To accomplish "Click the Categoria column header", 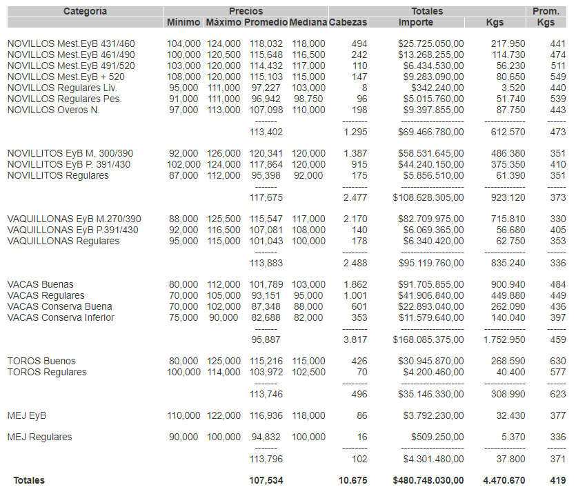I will [x=85, y=11].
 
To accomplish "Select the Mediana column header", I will [x=308, y=22].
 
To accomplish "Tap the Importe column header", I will [x=416, y=22].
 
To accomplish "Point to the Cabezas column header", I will [x=348, y=22].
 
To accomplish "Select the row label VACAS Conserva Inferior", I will [x=61, y=317].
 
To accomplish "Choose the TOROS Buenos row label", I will [x=41, y=361].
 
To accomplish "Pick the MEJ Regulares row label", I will [x=39, y=437].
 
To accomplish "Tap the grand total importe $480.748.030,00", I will [x=428, y=480].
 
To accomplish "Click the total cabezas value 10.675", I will [x=352, y=480].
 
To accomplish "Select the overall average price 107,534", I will [x=266, y=480].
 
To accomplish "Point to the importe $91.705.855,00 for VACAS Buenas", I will [x=430, y=284].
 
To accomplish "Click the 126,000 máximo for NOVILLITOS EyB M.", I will [x=224, y=153].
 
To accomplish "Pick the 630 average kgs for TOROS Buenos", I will [x=557, y=361].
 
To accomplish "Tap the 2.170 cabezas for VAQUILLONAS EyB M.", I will [x=355, y=219].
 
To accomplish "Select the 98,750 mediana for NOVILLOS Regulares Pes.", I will [x=308, y=99].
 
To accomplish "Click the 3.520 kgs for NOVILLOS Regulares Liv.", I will [x=513, y=88].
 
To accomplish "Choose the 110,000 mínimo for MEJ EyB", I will [x=183, y=415].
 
